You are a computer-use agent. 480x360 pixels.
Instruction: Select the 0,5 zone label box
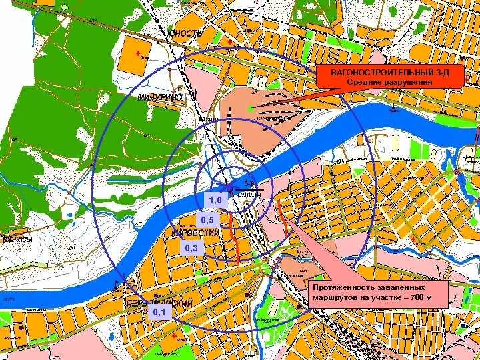(x=207, y=220)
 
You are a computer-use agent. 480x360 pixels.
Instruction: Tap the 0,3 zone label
(x=191, y=249)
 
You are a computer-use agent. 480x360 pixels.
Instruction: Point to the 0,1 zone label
(x=159, y=312)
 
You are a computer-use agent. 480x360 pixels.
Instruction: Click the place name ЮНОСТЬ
(x=185, y=33)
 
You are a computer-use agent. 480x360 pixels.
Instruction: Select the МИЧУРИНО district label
(x=159, y=97)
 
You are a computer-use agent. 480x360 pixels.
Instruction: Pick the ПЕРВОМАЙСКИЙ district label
(x=159, y=303)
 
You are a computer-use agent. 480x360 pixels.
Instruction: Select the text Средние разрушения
(x=389, y=82)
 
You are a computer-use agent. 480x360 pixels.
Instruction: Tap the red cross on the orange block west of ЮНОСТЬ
(x=138, y=53)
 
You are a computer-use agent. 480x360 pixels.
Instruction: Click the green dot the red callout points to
(x=250, y=108)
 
